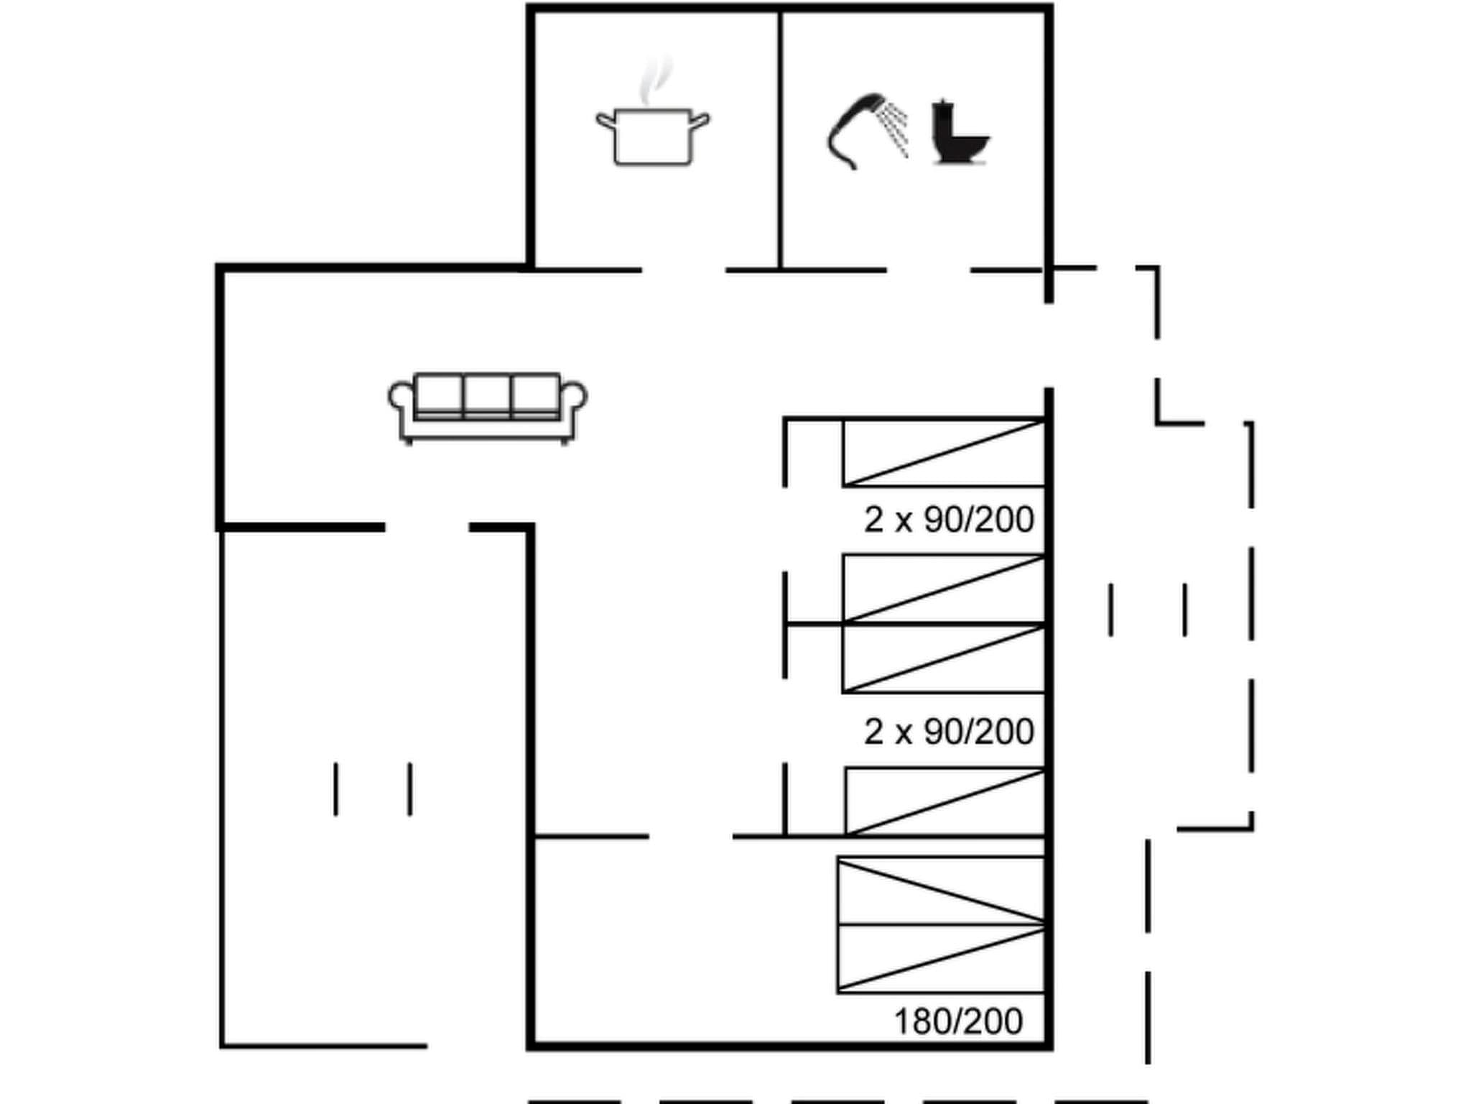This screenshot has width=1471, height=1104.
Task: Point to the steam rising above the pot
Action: click(x=655, y=79)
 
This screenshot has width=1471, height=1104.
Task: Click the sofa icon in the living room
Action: click(x=488, y=408)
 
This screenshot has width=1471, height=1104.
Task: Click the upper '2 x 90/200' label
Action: click(x=948, y=520)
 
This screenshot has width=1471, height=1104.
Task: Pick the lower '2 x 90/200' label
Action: click(x=948, y=732)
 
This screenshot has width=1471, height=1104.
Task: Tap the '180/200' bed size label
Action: click(x=958, y=1021)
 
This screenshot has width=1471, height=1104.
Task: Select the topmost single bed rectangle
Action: click(x=944, y=454)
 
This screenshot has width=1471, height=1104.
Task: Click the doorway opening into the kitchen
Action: click(x=683, y=270)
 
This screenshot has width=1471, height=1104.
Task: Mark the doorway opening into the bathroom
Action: click(x=929, y=270)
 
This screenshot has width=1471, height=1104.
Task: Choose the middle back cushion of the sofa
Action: click(x=487, y=393)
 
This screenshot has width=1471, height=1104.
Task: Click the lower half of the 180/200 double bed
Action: click(x=941, y=959)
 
